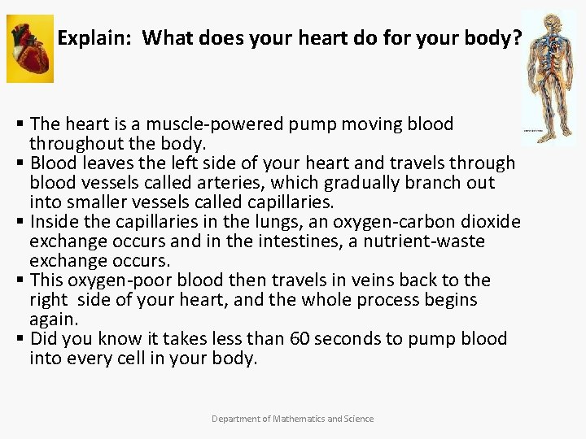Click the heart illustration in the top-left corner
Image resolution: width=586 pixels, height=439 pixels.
click(x=30, y=48)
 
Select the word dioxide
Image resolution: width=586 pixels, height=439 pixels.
click(x=491, y=222)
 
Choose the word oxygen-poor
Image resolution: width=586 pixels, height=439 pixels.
click(x=127, y=280)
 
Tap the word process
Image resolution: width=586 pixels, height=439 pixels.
click(x=381, y=300)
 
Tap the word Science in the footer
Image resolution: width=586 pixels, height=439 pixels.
click(x=359, y=419)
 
